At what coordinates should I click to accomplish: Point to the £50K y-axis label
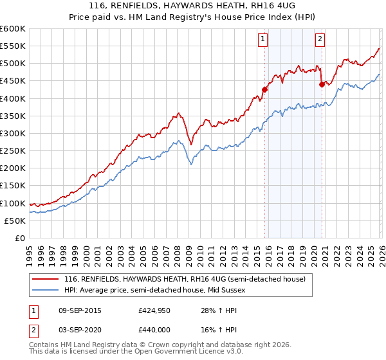(15, 221)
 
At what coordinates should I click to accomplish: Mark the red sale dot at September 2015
(264, 89)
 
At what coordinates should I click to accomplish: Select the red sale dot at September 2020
(322, 84)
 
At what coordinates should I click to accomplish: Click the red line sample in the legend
(46, 279)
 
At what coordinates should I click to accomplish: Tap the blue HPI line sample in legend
(46, 290)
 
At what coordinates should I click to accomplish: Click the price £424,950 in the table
(154, 310)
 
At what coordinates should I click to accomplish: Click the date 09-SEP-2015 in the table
(75, 310)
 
